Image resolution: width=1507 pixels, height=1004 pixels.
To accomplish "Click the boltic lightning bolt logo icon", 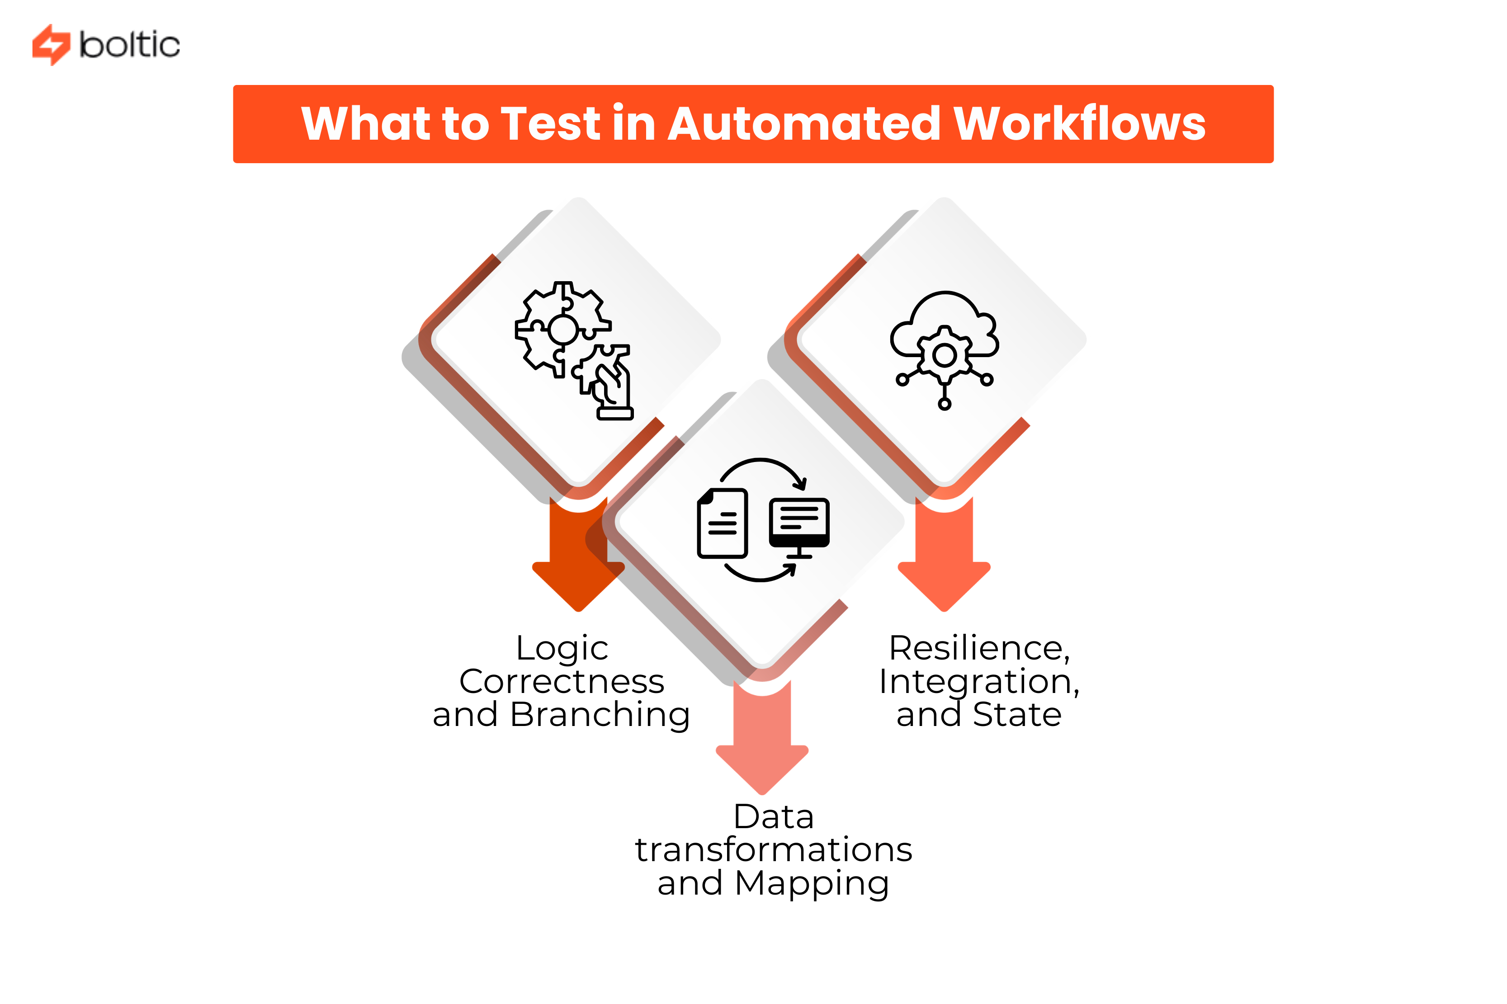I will (51, 45).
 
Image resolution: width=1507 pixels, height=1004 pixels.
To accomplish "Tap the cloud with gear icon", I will (944, 349).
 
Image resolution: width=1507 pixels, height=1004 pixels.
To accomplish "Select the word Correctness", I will (562, 681).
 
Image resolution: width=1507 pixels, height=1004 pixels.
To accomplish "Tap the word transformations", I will (773, 850).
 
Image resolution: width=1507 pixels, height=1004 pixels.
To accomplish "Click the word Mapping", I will (812, 884).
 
